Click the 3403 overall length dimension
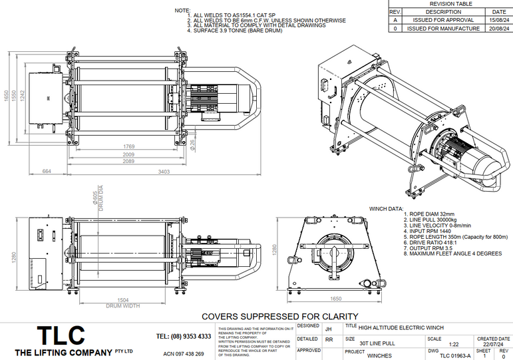click(x=162, y=172)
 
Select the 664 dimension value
click(x=47, y=172)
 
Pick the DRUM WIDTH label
click(x=124, y=305)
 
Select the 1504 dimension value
click(x=124, y=300)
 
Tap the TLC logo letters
click(x=61, y=335)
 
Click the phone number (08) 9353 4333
click(x=184, y=337)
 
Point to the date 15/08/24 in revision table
click(x=498, y=20)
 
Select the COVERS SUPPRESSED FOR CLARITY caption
click(x=279, y=316)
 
